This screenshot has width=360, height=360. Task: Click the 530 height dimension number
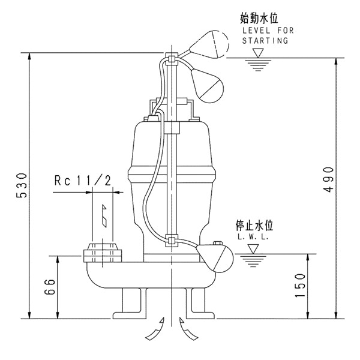click(19, 187)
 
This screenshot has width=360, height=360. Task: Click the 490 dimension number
click(327, 179)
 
